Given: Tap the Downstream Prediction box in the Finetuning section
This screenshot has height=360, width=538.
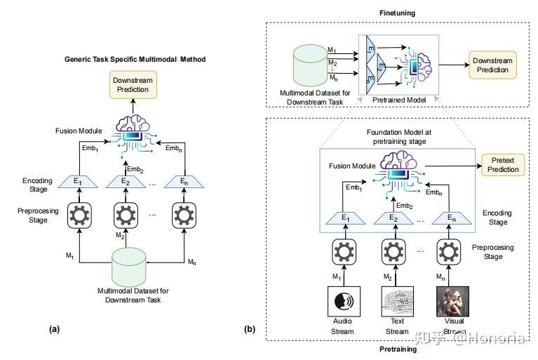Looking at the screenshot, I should [x=492, y=67].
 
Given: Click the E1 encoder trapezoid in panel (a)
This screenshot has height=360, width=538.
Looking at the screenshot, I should [x=78, y=181].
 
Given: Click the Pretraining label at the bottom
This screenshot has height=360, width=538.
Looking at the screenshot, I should [x=398, y=349].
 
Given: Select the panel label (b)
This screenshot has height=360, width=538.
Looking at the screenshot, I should [x=248, y=328].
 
